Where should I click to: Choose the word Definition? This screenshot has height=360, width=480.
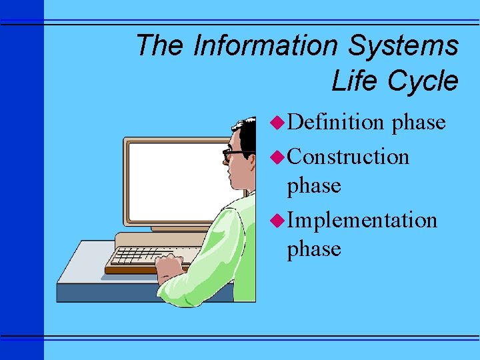click(337, 122)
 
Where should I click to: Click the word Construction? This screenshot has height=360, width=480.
click(348, 157)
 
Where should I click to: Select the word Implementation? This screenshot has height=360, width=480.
click(362, 219)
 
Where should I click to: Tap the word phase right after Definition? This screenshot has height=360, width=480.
click(419, 123)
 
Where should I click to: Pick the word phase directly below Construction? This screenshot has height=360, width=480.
click(313, 186)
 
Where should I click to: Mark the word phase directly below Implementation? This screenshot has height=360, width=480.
click(313, 249)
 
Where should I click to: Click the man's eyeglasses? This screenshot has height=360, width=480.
click(233, 155)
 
